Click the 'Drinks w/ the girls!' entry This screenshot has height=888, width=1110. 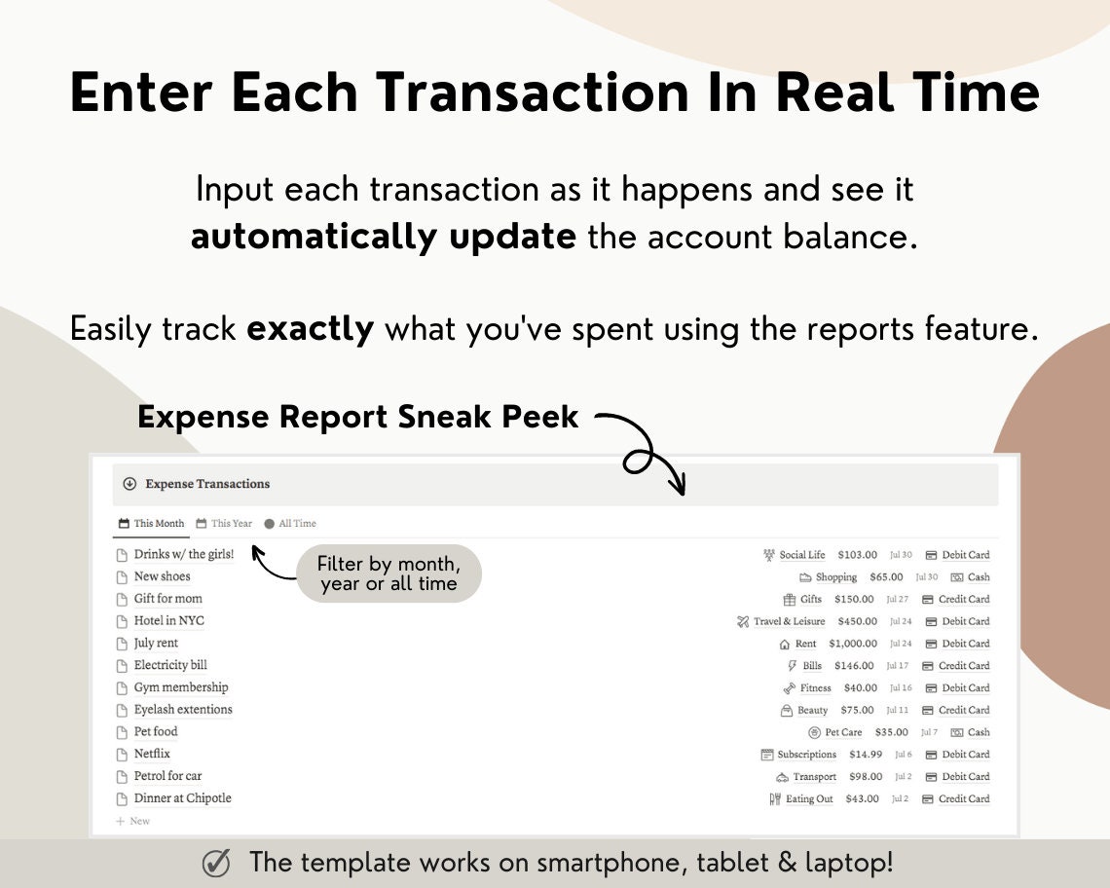point(183,555)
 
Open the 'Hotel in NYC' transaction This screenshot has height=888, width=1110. point(168,621)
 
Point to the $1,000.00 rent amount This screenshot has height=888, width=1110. point(852,644)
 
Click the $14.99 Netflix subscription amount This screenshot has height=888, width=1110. point(865,755)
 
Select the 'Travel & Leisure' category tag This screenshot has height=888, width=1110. point(788,621)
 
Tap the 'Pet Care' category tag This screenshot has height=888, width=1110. point(842,732)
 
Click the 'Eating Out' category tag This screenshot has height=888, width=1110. point(808,799)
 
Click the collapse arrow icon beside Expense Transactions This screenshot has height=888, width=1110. point(129,484)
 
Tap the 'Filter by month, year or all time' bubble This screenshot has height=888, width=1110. point(388,573)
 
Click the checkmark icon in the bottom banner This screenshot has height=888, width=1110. point(216,864)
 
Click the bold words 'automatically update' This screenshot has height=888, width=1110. point(384,237)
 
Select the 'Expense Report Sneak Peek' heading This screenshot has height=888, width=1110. point(357,417)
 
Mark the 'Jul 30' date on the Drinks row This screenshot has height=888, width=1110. point(900,555)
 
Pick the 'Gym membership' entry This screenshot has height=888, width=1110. point(180,688)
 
